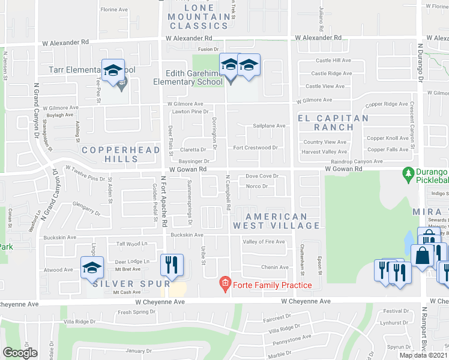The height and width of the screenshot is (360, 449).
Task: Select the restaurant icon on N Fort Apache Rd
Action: click(172, 265)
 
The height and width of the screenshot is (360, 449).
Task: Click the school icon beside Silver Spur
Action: click(92, 268)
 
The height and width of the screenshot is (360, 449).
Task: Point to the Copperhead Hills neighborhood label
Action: click(121, 154)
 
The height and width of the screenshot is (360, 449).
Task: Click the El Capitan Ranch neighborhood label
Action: click(334, 122)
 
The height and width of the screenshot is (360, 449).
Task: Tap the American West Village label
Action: click(276, 221)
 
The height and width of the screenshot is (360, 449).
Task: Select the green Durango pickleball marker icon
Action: click(409, 172)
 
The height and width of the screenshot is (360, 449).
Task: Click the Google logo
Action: click(20, 353)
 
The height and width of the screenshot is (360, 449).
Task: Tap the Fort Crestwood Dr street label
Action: click(255, 148)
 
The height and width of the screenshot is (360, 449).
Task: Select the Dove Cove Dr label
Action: click(262, 176)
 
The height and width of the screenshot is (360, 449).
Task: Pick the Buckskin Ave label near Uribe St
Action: click(187, 235)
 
